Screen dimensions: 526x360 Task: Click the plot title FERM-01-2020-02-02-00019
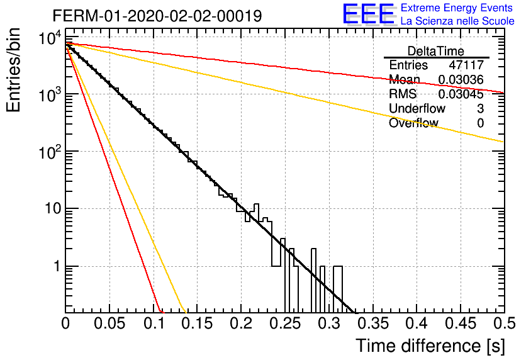pyautogui.click(x=157, y=16)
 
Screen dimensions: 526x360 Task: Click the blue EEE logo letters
pyautogui.click(x=368, y=14)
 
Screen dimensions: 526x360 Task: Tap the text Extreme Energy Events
pyautogui.click(x=457, y=8)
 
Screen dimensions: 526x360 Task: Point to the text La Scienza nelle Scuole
pyautogui.click(x=457, y=21)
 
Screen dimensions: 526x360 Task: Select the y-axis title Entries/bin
pyautogui.click(x=13, y=70)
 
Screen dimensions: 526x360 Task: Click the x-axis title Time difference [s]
pyautogui.click(x=430, y=346)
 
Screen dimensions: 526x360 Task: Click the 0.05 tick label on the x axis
pyautogui.click(x=109, y=323)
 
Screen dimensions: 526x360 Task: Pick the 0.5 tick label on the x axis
pyautogui.click(x=505, y=323)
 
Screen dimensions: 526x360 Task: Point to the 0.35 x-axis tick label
pyautogui.click(x=373, y=323)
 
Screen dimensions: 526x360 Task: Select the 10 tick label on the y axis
pyautogui.click(x=53, y=209)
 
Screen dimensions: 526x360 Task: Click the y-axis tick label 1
pyautogui.click(x=57, y=266)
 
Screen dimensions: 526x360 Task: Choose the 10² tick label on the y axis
pyautogui.click(x=50, y=151)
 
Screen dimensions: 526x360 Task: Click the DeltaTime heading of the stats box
pyautogui.click(x=436, y=51)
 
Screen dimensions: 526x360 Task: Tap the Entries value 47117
pyautogui.click(x=466, y=65)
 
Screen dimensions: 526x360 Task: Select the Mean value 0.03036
pyautogui.click(x=461, y=79)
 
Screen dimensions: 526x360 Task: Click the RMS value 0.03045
pyautogui.click(x=461, y=94)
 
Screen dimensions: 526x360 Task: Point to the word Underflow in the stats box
pyautogui.click(x=417, y=108)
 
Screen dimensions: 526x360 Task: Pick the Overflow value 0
pyautogui.click(x=480, y=123)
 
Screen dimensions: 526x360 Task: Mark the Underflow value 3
pyautogui.click(x=480, y=108)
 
